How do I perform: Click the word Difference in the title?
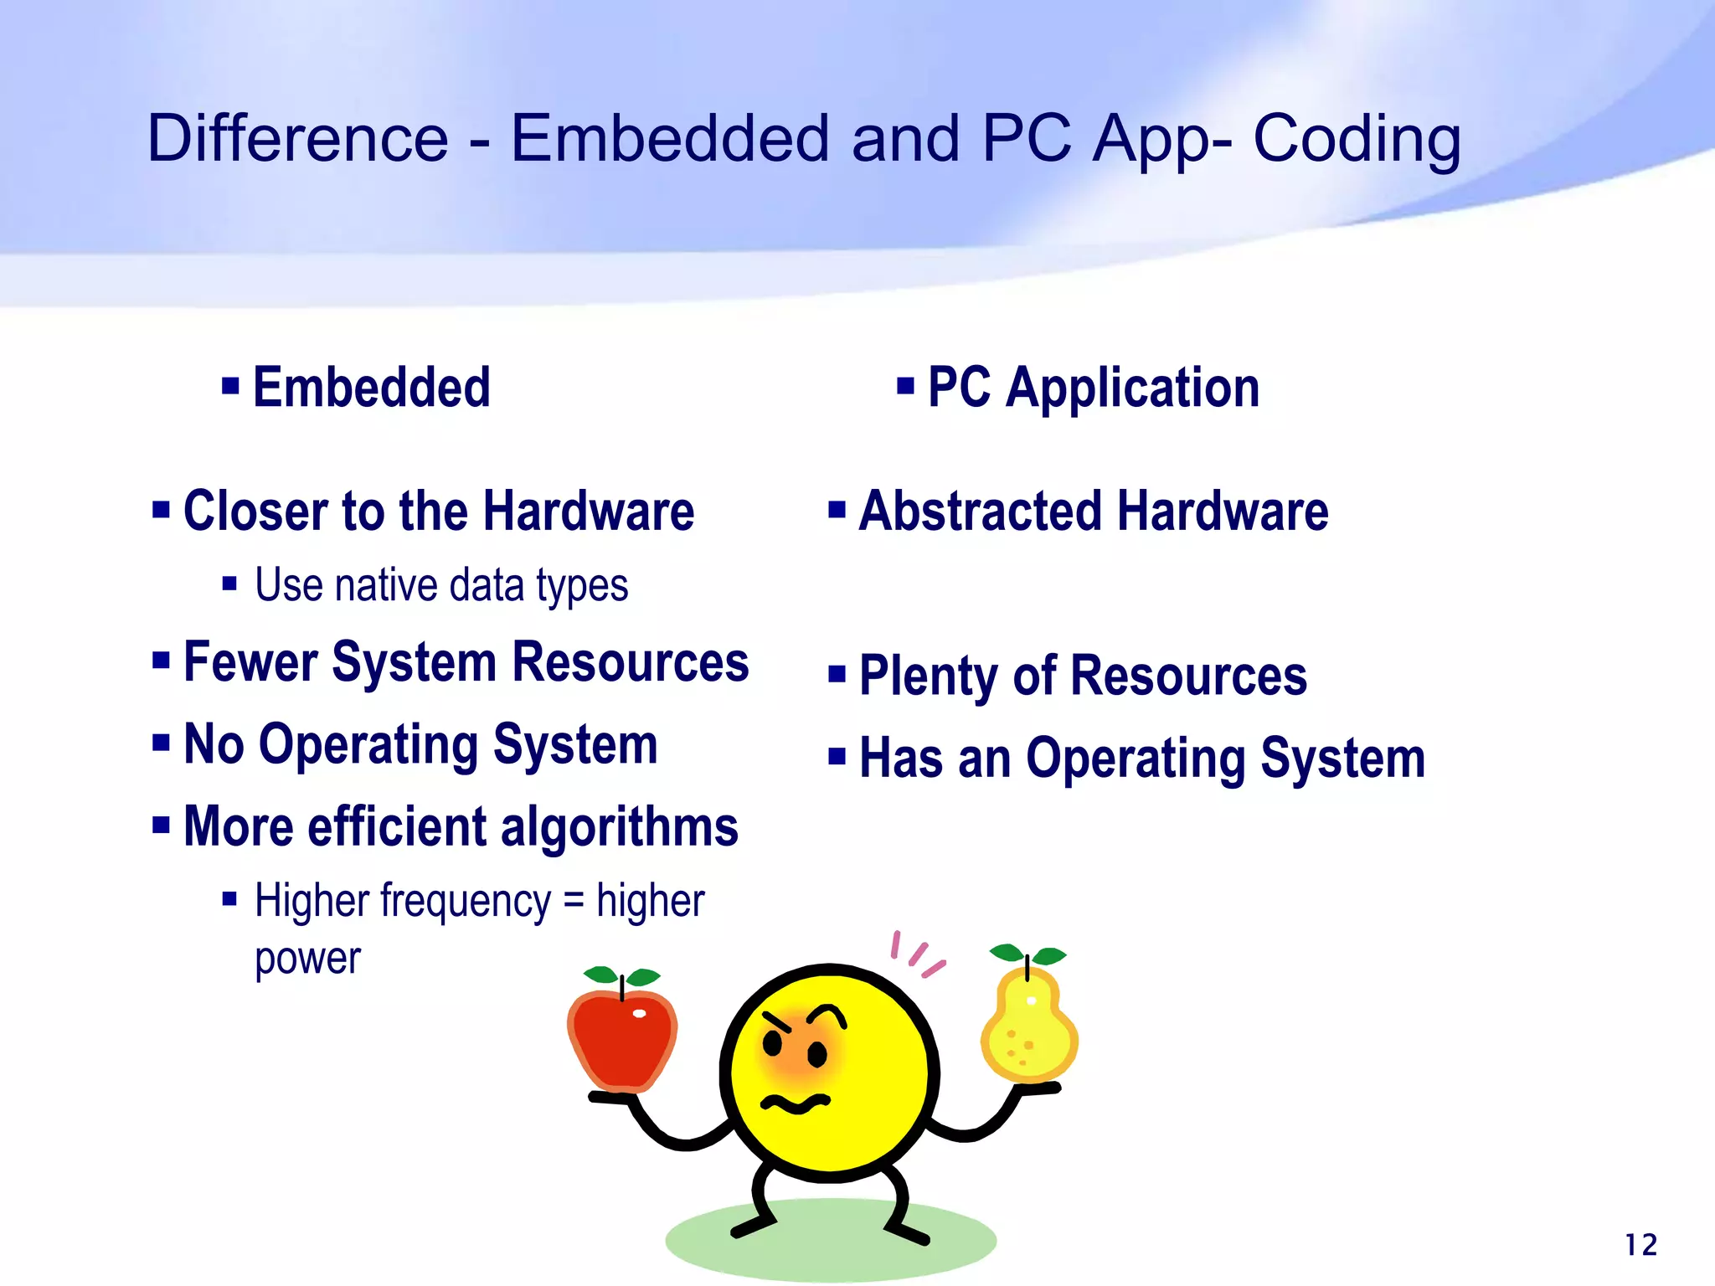(x=297, y=138)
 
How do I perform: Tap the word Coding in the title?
(x=1356, y=138)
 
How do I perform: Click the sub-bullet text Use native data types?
(x=441, y=584)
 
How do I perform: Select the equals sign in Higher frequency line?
(x=573, y=902)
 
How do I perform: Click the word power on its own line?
(x=307, y=959)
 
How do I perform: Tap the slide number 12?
(x=1640, y=1245)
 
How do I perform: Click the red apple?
(x=622, y=1038)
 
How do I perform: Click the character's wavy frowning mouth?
(x=794, y=1103)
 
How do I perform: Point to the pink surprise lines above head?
(x=917, y=954)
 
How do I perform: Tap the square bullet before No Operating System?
(x=162, y=742)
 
